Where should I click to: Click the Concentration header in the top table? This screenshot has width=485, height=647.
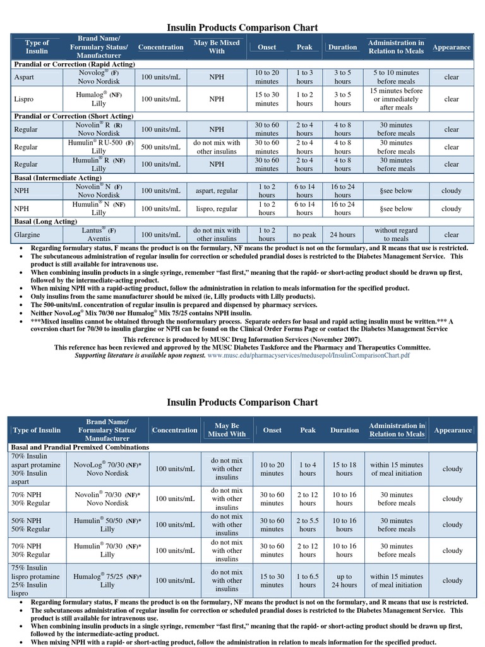[160, 47]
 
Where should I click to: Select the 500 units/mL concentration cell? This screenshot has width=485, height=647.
[160, 147]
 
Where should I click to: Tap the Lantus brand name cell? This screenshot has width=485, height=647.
[99, 234]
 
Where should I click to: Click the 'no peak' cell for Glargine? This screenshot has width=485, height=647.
[304, 234]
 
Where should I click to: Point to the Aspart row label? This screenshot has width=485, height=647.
[25, 77]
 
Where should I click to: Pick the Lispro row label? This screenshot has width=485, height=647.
[25, 99]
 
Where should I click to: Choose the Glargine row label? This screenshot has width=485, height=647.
[28, 234]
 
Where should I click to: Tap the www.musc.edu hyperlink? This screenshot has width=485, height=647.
[309, 355]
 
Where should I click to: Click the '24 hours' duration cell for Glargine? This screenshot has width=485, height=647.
[343, 234]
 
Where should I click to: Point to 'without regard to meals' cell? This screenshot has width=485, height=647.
[396, 234]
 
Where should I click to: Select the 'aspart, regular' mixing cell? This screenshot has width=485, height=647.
[217, 191]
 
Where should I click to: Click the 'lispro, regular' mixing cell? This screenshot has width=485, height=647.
[217, 209]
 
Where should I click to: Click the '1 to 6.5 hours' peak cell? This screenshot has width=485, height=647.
[308, 581]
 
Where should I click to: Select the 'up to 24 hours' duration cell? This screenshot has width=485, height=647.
[344, 581]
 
